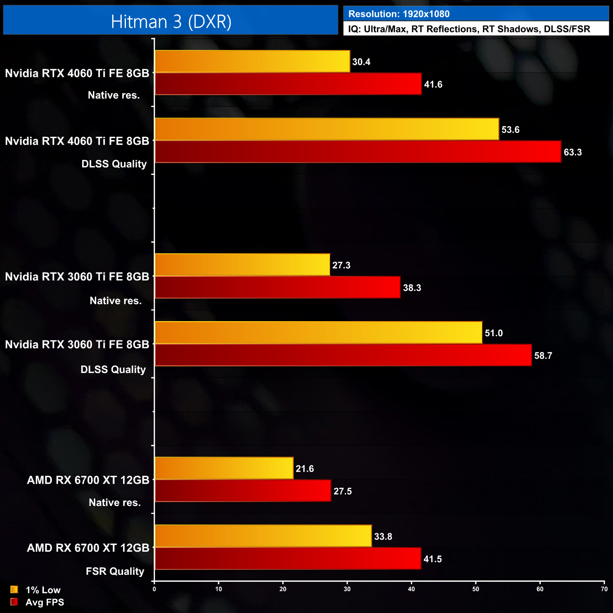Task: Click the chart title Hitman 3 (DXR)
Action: coord(171,22)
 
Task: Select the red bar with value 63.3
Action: coord(358,152)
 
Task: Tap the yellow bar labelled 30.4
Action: coord(252,61)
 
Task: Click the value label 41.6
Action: coord(433,84)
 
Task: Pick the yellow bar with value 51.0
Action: coord(318,332)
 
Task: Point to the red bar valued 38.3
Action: coord(277,288)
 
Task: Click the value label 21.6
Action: coord(305,469)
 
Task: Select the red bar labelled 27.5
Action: coord(243,491)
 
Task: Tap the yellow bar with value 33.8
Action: coord(263,536)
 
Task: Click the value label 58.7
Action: coord(543,356)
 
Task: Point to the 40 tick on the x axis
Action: coord(412,589)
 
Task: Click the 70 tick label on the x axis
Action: coord(604,589)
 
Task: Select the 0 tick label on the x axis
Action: coord(154,589)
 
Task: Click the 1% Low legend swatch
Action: coord(14,589)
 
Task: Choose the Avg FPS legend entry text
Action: coord(45,602)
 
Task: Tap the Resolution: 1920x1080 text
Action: coord(399,14)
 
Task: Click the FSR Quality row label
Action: coord(115,572)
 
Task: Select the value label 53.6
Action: coord(510,130)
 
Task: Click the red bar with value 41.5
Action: coord(288,559)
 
